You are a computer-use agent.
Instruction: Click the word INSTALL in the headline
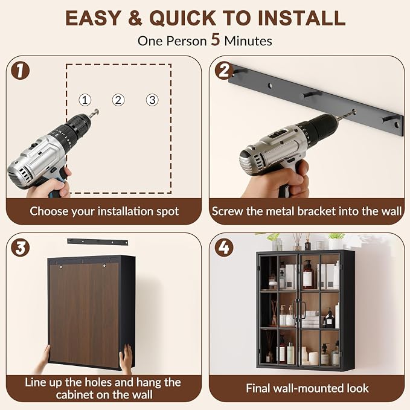tap(301, 18)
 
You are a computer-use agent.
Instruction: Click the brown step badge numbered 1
tap(20, 71)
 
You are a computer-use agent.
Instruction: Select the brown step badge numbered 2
tap(224, 70)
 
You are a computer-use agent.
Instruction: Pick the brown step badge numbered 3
tap(20, 248)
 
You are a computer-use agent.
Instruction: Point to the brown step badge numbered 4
tap(224, 248)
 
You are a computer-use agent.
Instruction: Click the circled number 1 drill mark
tap(85, 100)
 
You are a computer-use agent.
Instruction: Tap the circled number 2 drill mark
tap(118, 100)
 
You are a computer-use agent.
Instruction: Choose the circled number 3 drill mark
tap(152, 100)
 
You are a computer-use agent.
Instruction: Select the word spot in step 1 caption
tap(168, 212)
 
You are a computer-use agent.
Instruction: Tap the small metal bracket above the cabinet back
tap(98, 242)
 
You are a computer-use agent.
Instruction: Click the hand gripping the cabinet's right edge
tap(126, 358)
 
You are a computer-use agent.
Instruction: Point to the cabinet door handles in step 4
tap(299, 310)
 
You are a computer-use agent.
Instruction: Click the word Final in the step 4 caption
tap(258, 388)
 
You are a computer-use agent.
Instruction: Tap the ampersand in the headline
tap(135, 18)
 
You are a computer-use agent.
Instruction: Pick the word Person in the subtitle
tap(187, 41)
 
